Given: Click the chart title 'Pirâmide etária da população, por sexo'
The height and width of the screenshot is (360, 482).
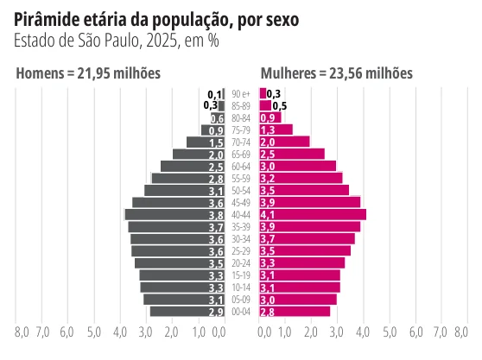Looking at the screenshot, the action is [x=156, y=20].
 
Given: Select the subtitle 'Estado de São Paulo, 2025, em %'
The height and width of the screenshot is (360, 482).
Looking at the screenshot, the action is [x=117, y=41].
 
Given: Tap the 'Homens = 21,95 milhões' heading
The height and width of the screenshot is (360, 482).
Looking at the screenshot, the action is [x=88, y=73].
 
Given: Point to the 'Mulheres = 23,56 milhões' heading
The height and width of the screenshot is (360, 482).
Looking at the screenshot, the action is [x=337, y=73].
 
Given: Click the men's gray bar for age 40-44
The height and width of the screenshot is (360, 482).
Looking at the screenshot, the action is [x=174, y=215].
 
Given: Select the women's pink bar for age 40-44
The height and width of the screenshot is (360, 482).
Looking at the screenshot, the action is [x=313, y=215].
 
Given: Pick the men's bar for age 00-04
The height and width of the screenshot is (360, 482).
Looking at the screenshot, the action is [x=187, y=312].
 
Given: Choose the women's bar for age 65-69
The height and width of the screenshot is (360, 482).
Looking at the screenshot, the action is [x=292, y=154].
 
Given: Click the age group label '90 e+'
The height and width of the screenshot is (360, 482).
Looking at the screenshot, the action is [x=241, y=94].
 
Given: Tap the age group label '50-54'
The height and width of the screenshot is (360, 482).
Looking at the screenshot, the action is [x=241, y=191].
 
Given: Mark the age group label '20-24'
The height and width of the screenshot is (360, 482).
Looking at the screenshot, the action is [x=241, y=263].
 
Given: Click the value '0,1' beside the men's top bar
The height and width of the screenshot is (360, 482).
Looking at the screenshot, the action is [x=214, y=94].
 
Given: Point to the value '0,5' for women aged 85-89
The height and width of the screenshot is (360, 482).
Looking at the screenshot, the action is [x=280, y=106].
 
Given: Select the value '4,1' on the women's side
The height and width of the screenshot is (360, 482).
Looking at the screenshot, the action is [x=268, y=215].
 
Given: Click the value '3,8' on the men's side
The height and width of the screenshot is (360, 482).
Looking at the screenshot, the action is [x=216, y=215].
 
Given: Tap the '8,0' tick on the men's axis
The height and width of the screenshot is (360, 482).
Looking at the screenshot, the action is [x=22, y=332].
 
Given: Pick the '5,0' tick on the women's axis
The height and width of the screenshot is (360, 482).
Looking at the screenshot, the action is [x=390, y=332].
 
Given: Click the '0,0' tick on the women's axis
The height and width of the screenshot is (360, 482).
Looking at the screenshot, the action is [x=264, y=332].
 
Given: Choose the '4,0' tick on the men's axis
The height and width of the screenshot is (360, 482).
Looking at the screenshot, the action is [x=120, y=332].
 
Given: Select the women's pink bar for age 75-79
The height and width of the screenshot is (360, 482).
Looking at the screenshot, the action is [x=276, y=130].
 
